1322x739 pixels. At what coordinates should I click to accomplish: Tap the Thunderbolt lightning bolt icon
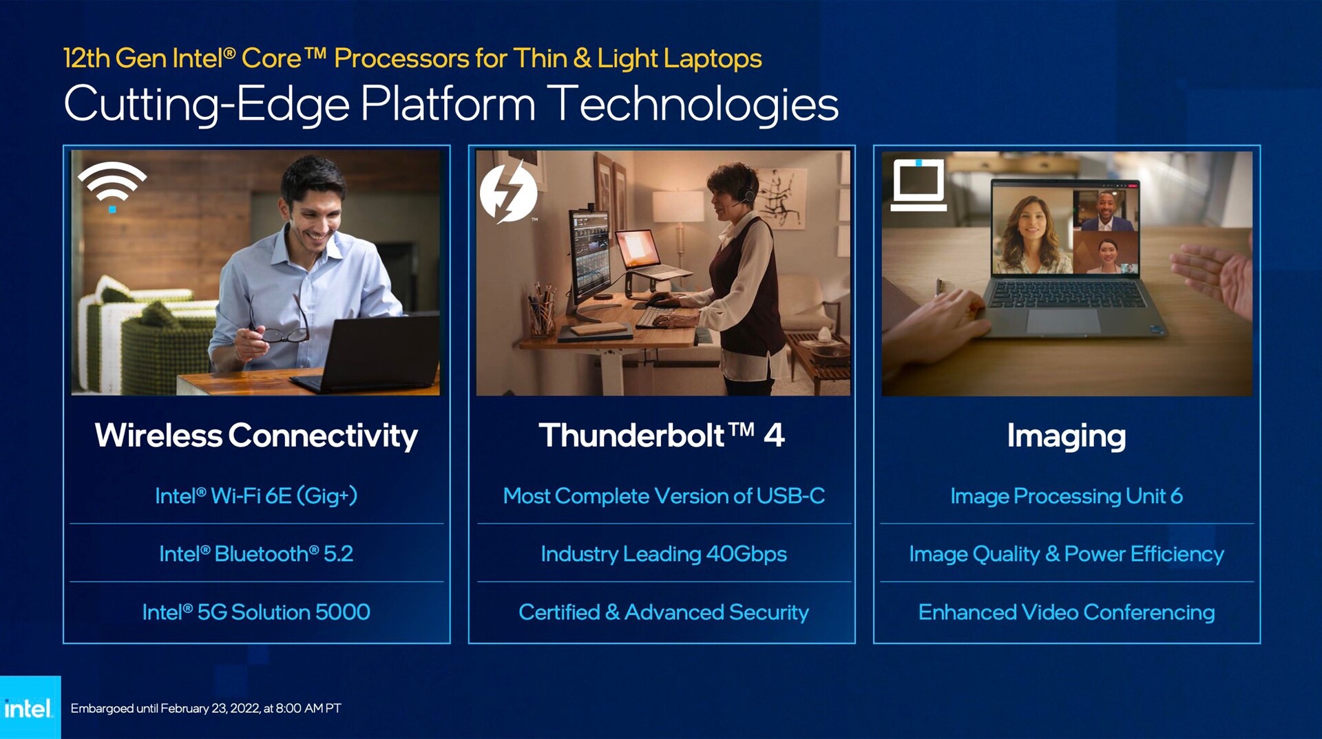click(508, 193)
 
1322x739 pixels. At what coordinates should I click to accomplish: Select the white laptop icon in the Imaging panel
click(919, 184)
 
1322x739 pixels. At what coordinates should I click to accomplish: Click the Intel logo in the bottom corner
click(28, 708)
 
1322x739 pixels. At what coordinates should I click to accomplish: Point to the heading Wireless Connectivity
click(256, 436)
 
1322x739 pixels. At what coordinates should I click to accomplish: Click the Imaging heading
click(1067, 436)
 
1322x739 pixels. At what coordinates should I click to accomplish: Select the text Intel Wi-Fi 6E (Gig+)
click(256, 496)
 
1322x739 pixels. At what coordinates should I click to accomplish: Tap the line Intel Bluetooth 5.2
click(256, 554)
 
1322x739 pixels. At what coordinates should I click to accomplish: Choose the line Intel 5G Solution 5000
click(256, 612)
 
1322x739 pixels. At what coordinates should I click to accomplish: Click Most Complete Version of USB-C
click(664, 496)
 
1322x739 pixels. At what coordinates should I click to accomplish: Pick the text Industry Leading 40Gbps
click(664, 554)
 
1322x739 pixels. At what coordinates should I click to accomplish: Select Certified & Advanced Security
click(664, 612)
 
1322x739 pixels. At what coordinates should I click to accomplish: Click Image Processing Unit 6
click(1067, 496)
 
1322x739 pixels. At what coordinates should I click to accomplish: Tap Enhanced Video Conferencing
click(1067, 612)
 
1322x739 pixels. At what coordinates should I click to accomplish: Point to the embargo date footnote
click(206, 708)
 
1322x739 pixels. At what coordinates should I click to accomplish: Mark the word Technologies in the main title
click(696, 105)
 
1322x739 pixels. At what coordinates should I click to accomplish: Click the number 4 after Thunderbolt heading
click(774, 436)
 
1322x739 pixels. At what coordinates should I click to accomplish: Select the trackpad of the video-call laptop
click(1064, 321)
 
